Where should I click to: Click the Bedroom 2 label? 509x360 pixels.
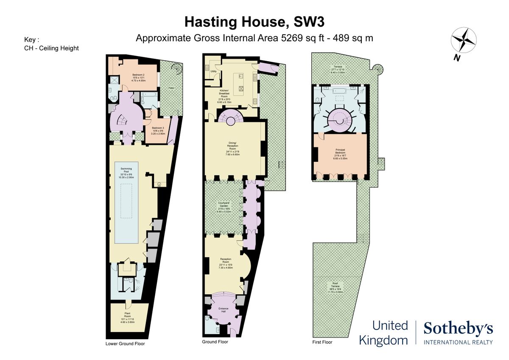138,78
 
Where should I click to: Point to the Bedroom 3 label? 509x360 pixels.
158,130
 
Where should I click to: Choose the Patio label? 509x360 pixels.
171,88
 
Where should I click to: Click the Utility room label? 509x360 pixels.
214,71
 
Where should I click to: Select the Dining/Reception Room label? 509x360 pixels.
233,149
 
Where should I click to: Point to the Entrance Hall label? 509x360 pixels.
224,310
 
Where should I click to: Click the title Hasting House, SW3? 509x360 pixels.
255,21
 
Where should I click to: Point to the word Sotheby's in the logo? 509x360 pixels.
458,328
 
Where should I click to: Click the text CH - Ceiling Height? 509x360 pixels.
52,48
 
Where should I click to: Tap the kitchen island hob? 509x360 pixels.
241,89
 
